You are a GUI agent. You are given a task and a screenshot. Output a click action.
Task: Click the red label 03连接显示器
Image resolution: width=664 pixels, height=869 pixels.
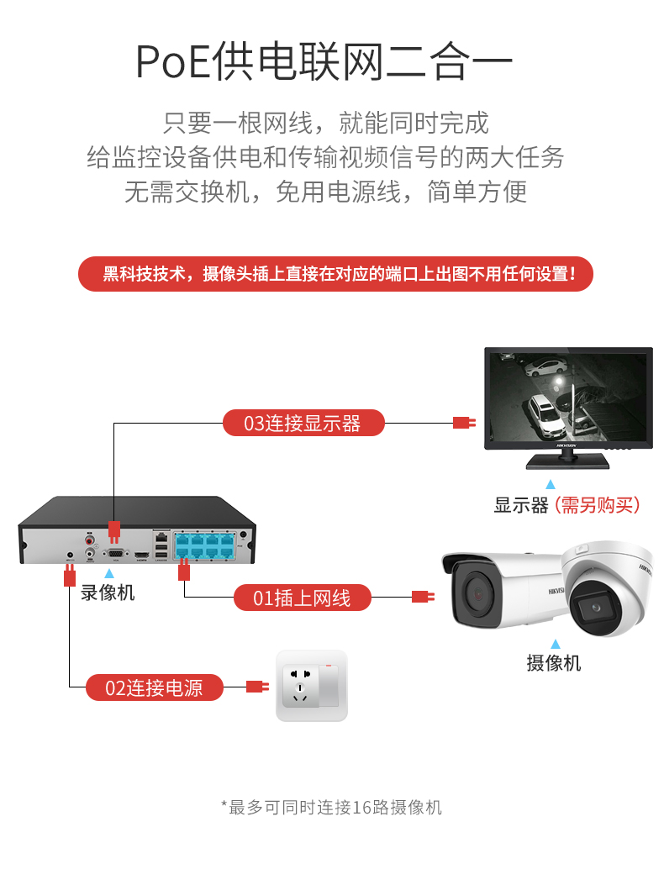[x=303, y=424]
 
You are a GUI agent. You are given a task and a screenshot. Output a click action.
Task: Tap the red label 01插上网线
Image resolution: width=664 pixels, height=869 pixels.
[x=302, y=598]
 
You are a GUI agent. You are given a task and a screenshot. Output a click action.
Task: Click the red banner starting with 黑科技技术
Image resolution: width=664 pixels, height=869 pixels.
[x=335, y=274]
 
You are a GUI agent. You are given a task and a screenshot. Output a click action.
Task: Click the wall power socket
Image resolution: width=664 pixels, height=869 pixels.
[x=311, y=685]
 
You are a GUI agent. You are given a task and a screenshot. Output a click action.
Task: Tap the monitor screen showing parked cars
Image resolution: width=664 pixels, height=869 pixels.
[x=568, y=397]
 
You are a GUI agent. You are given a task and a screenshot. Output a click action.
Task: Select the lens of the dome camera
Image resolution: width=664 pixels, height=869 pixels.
[x=596, y=608]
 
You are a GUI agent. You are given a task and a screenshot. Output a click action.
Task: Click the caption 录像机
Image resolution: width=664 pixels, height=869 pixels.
[x=107, y=592]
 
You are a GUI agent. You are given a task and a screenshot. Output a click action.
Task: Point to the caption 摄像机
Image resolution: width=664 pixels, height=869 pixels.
[x=553, y=663]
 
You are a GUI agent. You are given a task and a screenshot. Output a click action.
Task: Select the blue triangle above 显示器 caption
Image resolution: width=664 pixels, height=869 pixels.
[x=551, y=485]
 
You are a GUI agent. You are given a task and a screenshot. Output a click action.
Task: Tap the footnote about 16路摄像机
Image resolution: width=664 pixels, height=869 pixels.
[x=331, y=808]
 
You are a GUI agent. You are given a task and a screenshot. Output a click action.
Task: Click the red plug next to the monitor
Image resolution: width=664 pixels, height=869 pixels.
[x=463, y=423]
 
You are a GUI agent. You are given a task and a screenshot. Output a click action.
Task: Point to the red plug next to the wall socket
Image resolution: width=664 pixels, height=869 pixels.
[x=256, y=687]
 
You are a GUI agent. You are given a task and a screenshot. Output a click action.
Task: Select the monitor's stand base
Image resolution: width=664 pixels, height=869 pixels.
[x=568, y=461]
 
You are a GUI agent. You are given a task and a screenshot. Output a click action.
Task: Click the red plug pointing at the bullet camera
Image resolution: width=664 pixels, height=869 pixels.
[x=422, y=598]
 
